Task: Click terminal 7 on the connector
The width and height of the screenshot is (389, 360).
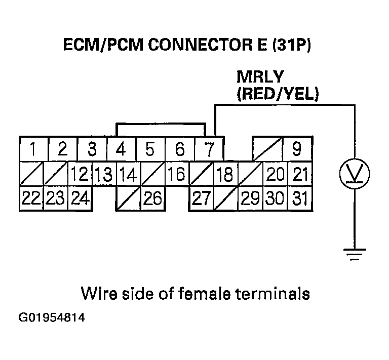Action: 209,150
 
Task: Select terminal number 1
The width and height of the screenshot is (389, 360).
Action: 33,150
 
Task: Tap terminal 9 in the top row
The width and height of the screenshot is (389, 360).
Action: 297,150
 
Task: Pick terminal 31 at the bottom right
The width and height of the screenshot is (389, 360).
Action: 300,198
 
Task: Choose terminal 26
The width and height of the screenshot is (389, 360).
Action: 152,198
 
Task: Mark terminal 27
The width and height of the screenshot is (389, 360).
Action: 201,198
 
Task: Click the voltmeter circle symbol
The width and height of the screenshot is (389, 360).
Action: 354,174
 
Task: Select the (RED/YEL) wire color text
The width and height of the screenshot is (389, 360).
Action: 277,94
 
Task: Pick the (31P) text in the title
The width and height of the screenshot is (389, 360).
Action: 292,46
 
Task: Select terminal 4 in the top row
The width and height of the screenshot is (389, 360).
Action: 121,150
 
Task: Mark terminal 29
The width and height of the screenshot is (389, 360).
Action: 250,198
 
